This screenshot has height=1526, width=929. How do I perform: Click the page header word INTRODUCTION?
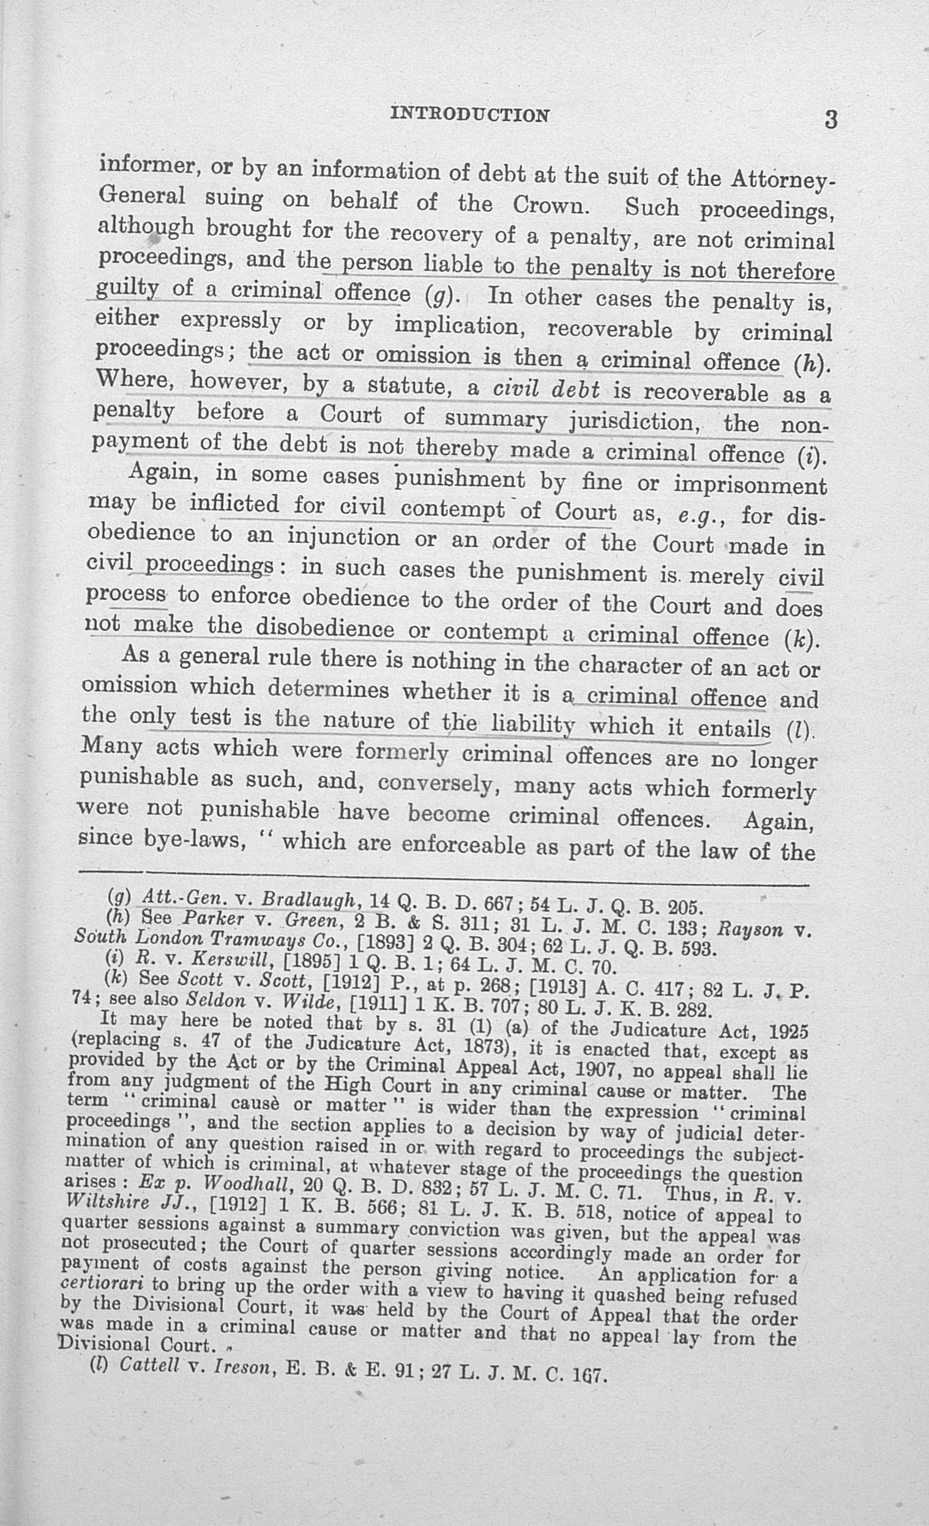pyautogui.click(x=470, y=115)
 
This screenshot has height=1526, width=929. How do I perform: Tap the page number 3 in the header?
pyautogui.click(x=830, y=119)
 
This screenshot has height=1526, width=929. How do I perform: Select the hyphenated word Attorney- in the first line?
pyautogui.click(x=783, y=181)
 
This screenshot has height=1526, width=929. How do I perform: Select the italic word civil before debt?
pyautogui.click(x=514, y=390)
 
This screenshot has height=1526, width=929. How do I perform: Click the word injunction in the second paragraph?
pyautogui.click(x=344, y=537)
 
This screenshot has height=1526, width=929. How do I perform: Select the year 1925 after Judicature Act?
pyautogui.click(x=787, y=1031)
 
